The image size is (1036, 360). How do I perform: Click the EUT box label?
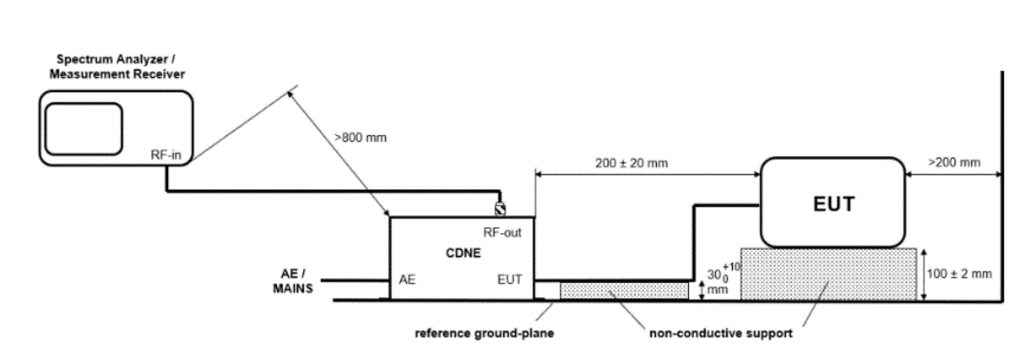click(x=834, y=204)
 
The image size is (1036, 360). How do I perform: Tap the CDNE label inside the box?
click(x=463, y=253)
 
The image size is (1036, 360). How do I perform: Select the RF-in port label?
click(x=166, y=155)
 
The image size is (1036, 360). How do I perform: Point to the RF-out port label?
click(x=502, y=232)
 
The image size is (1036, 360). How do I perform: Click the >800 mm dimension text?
click(x=360, y=138)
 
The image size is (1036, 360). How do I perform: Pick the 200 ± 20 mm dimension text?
click(x=631, y=163)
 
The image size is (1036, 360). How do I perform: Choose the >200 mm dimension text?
click(x=954, y=162)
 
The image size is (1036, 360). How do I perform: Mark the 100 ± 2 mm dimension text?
click(x=959, y=274)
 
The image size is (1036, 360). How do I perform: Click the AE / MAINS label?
click(x=293, y=281)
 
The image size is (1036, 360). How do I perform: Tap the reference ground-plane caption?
click(x=484, y=333)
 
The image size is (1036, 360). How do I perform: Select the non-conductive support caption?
click(x=721, y=333)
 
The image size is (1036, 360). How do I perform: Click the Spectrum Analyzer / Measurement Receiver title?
click(x=117, y=67)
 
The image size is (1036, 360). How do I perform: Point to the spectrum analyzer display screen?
click(x=84, y=129)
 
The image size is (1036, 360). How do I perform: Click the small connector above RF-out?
click(x=500, y=209)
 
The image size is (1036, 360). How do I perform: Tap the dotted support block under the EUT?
click(x=828, y=274)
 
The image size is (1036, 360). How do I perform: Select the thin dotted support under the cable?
click(x=624, y=291)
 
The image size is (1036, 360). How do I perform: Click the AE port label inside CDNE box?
click(x=407, y=280)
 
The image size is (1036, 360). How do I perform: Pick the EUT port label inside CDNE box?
click(x=509, y=280)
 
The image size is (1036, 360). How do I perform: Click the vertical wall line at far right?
click(x=1002, y=187)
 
